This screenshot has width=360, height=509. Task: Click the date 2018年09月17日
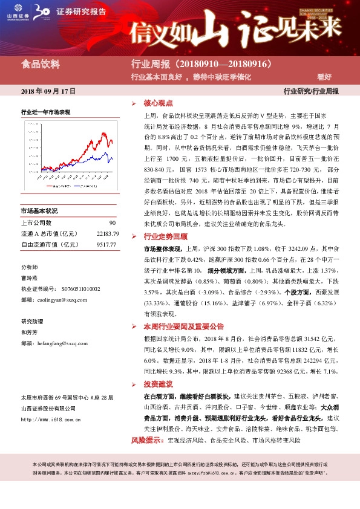coord(48,91)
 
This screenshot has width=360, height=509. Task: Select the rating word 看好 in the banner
coord(324,77)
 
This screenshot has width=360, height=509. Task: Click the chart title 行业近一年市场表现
coord(46,112)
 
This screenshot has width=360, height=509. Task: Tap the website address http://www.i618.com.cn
coord(53,419)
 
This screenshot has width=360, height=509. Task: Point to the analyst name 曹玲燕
coord(30,278)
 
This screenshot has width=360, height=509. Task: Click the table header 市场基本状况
coord(39,211)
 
